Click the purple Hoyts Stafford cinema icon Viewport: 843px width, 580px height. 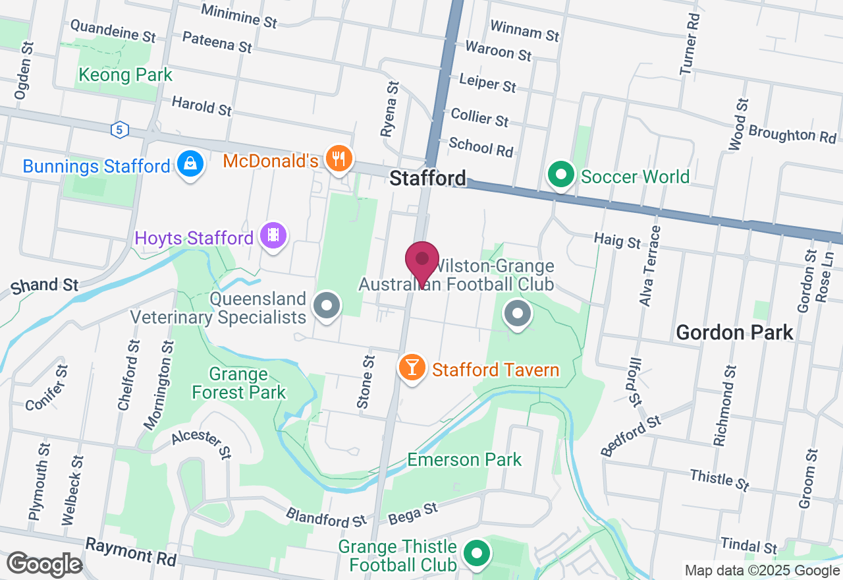click(273, 235)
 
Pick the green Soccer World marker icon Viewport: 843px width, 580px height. click(561, 176)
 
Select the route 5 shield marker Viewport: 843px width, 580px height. click(119, 130)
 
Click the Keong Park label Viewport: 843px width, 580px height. click(125, 75)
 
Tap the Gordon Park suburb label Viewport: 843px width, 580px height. click(734, 332)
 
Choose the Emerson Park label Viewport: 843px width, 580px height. click(464, 459)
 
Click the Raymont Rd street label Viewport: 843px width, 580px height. click(131, 551)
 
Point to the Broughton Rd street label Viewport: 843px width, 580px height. click(792, 134)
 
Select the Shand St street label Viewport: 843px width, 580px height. click(44, 285)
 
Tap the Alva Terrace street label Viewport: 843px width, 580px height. click(649, 266)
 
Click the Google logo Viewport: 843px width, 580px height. click(44, 564)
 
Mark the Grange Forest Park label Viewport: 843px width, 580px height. click(238, 384)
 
